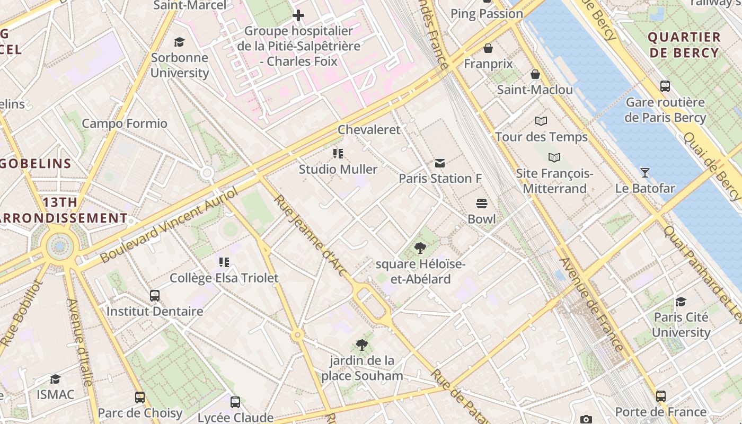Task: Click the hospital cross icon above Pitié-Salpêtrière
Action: coord(298,15)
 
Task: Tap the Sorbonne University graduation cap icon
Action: coord(180,42)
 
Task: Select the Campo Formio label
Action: coord(124,123)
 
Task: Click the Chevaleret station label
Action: coord(369,129)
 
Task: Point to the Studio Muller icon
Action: coord(338,154)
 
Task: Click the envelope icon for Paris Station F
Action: coord(440,163)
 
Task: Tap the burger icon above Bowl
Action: coord(482,203)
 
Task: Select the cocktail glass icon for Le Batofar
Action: coord(644,172)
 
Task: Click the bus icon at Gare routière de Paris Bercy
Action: coord(665,86)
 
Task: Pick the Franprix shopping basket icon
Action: coord(488,48)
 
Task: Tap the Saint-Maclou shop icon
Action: coord(535,74)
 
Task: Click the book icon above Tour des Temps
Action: coord(541,121)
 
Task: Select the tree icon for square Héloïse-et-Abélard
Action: coord(420,248)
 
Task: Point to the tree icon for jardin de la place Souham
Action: coord(362,345)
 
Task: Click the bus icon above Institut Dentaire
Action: coord(155,295)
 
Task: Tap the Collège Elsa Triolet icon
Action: coord(224,262)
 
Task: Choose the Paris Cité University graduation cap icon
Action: coord(681,302)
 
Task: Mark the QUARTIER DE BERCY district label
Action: coord(684,45)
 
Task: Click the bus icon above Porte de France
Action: coord(660,396)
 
